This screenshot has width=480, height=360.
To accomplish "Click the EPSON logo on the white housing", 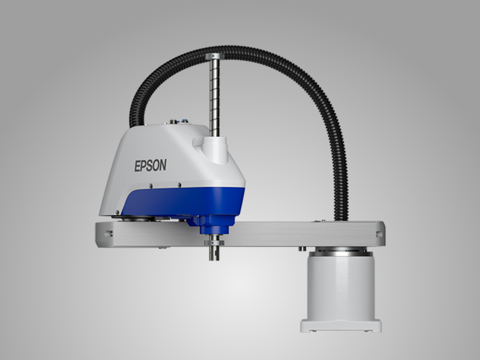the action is point(150,165).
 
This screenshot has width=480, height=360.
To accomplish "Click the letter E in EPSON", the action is point(137,166).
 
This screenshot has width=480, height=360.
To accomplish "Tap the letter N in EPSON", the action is point(163,165).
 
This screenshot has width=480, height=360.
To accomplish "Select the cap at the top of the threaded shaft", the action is point(215,56).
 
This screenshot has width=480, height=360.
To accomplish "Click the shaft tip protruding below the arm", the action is point(214,253).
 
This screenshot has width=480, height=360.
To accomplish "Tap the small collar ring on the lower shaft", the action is point(214,243).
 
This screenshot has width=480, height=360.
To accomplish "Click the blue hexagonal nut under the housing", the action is point(214,225).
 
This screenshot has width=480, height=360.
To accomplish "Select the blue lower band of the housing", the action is point(184,202).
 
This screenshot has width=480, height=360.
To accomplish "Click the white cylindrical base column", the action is point(341,288).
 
